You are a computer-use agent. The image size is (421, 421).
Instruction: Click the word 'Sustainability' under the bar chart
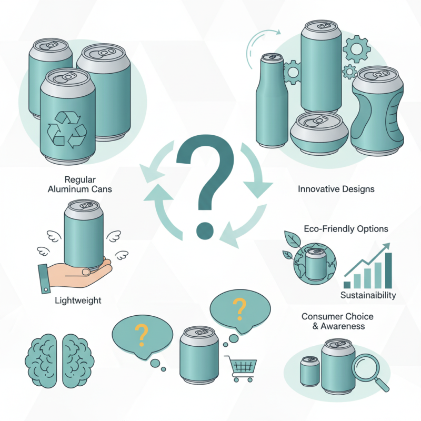click(368, 295)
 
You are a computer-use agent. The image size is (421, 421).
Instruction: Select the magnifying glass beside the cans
click(370, 370)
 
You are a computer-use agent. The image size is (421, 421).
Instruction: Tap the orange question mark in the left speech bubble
click(141, 333)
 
